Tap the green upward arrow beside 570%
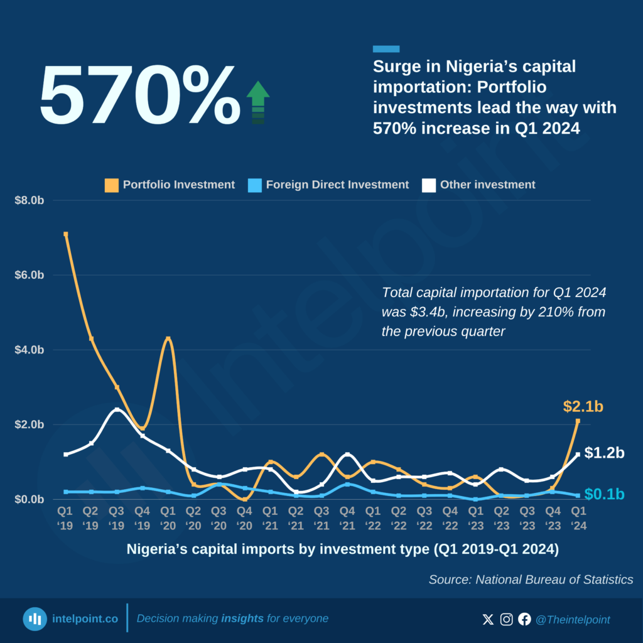click(257, 102)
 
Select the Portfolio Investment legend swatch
click(112, 185)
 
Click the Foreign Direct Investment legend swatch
click(254, 185)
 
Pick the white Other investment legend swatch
click(429, 185)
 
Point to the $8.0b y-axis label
click(30, 201)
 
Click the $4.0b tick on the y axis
click(30, 350)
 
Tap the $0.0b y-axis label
click(30, 499)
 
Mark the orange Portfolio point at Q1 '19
click(65, 234)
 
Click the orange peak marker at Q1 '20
click(168, 339)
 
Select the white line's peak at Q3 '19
click(117, 410)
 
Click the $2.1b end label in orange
click(583, 407)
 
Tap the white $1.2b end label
click(604, 453)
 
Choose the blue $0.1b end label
click(604, 494)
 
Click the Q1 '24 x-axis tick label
click(578, 519)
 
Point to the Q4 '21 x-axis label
click(347, 519)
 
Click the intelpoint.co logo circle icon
click(35, 619)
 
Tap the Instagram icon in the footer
click(506, 619)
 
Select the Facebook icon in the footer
click(524, 619)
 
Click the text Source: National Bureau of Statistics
click(531, 580)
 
